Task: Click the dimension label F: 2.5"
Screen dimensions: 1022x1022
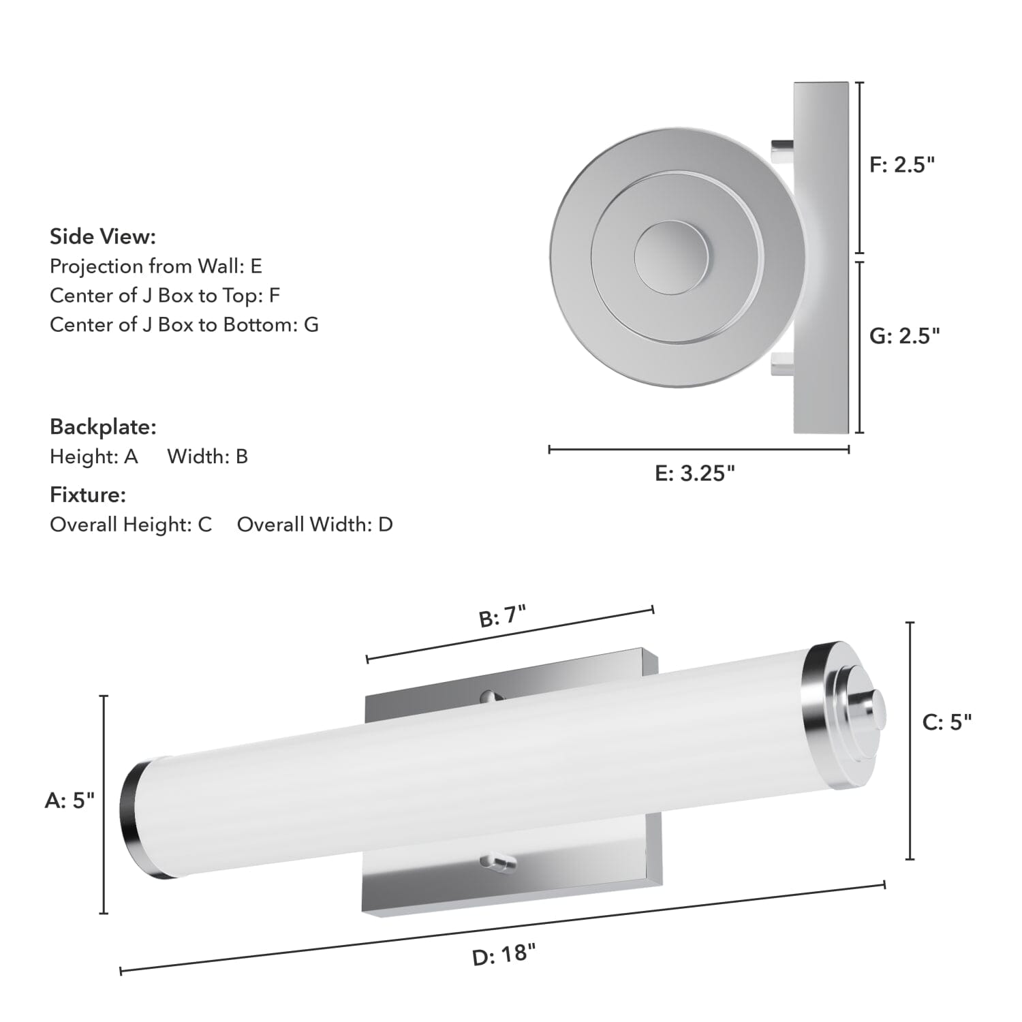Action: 902,164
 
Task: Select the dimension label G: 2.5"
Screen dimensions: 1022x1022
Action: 904,335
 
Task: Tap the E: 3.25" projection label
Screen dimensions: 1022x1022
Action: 695,473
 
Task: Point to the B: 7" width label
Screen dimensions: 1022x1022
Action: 503,617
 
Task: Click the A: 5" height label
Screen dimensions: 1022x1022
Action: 69,800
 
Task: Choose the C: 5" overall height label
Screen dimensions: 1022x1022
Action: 946,722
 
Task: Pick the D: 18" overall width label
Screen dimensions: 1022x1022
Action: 504,954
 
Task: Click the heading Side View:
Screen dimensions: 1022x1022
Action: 103,236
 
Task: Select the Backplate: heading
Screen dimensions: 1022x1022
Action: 103,427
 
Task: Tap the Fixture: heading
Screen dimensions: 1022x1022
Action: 88,494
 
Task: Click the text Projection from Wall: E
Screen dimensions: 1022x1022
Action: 156,266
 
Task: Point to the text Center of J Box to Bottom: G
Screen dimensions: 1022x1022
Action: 184,324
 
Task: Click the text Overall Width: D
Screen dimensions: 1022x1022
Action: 315,524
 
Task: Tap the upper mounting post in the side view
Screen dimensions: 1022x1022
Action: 782,151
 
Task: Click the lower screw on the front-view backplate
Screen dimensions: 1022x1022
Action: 497,863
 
